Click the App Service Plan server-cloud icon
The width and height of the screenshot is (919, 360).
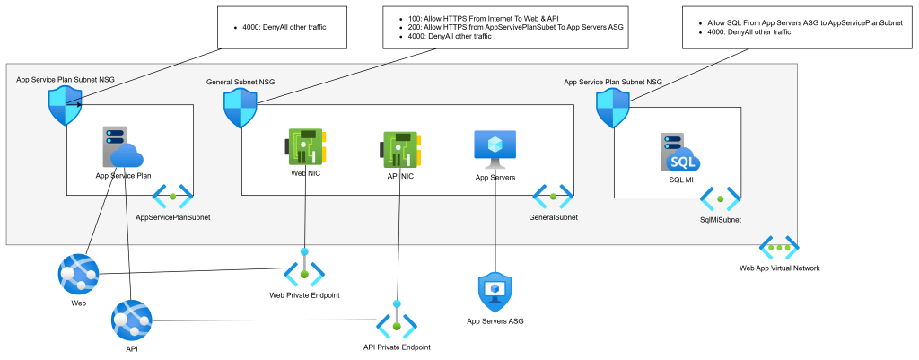coord(122,147)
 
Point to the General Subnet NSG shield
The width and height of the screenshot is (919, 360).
coord(241,111)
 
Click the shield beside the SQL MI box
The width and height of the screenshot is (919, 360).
coord(613,111)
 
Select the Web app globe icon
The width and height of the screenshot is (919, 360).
coord(78,273)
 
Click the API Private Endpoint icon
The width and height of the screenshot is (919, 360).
coord(396,320)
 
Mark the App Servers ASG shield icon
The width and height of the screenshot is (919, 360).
coord(495,291)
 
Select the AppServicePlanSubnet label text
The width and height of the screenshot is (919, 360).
coord(172,217)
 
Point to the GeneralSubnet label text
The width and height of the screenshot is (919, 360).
coord(553,217)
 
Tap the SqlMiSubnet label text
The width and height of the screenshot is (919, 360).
coord(720,218)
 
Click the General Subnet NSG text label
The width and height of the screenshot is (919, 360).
coord(241,82)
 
